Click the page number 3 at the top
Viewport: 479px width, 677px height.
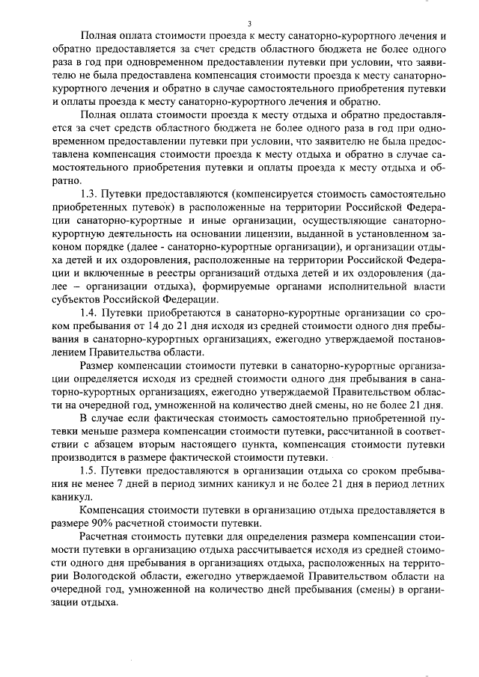[x=239, y=23]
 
